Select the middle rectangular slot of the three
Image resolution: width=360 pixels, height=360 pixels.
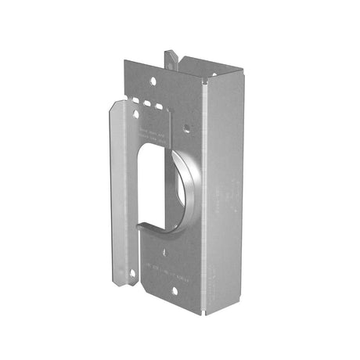tap(147, 103)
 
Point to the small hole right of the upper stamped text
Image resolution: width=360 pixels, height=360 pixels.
tap(185, 124)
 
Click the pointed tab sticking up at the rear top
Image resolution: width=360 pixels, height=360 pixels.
tap(171, 59)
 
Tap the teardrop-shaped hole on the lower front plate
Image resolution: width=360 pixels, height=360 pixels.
tap(165, 253)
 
